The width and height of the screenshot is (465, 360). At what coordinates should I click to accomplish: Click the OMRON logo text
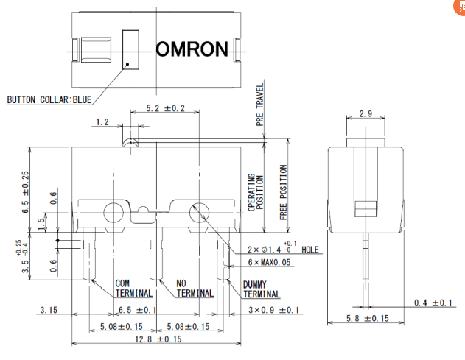[x=192, y=49]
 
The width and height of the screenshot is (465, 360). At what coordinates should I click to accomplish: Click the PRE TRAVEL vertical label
[x=260, y=106]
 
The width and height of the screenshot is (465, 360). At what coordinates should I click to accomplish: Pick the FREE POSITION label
[x=284, y=193]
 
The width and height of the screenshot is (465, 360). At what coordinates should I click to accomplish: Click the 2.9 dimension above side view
[x=366, y=114]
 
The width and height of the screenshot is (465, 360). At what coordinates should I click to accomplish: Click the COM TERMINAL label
[x=133, y=288]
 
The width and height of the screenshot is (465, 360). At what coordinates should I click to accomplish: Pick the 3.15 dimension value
[x=48, y=310]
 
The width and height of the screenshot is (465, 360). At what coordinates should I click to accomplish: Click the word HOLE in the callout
[x=310, y=250]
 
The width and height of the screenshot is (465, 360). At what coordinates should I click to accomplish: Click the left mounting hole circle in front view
[x=113, y=213]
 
